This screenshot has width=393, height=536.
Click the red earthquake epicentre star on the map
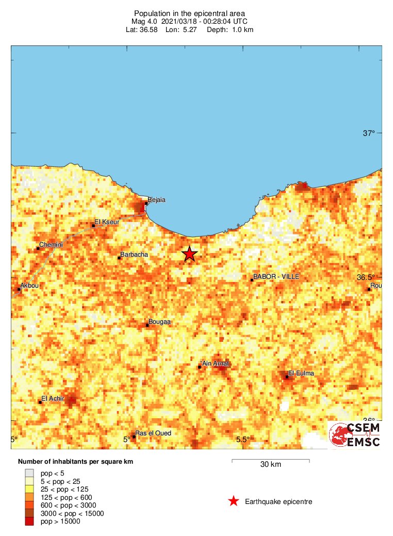[x=190, y=254]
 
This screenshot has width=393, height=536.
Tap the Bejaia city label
[x=156, y=200]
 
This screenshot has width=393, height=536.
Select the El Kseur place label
[x=107, y=222]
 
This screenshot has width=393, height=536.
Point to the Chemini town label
[x=51, y=245]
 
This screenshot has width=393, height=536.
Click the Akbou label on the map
[x=29, y=286]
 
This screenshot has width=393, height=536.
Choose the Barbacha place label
[x=134, y=255]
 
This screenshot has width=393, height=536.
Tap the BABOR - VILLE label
[x=276, y=277]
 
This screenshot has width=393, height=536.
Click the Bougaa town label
[x=159, y=322]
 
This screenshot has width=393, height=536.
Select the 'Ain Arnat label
[x=215, y=364]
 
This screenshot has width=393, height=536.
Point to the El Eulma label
[x=301, y=373]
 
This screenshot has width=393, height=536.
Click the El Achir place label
[x=52, y=398]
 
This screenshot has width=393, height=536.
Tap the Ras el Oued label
[x=153, y=433]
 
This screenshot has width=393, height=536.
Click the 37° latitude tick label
[x=369, y=133]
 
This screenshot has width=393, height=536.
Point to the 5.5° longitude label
[x=243, y=439]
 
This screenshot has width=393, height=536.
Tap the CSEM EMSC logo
[x=355, y=435]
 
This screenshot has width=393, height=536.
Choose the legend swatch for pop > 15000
[x=29, y=522]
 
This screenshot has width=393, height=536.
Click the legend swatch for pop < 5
[x=29, y=472]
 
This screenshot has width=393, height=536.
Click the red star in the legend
[x=234, y=501]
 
